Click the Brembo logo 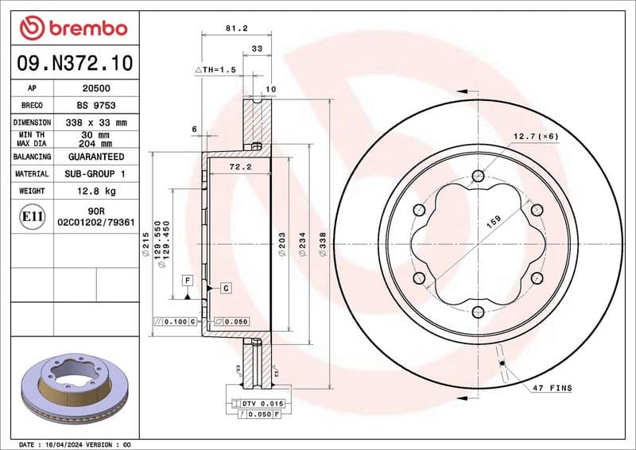point(73,28)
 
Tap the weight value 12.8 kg point(96,191)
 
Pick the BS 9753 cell point(96,105)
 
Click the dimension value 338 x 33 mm point(96,122)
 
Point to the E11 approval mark point(32,216)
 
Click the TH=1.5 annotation point(216,70)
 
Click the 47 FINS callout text point(553,388)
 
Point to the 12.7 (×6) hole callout point(536,137)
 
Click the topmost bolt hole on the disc point(477,176)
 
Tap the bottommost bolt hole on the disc point(477,312)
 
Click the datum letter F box point(188,281)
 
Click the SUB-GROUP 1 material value point(96,173)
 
